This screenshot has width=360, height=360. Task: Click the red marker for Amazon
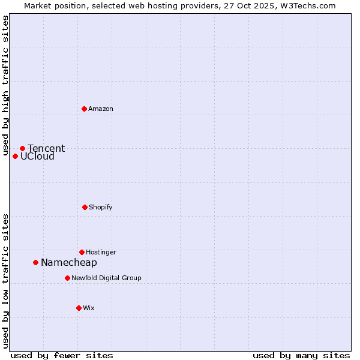click(84, 109)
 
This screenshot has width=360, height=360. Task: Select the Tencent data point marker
click(22, 148)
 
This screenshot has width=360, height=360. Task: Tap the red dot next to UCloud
click(15, 156)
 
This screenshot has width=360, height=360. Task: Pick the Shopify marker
click(85, 207)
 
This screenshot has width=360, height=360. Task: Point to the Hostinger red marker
click(82, 252)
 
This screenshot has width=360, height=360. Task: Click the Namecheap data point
click(35, 262)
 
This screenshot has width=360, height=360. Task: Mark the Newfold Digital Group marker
click(67, 278)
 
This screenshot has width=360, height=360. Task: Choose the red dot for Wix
click(79, 308)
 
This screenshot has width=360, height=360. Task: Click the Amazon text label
click(101, 109)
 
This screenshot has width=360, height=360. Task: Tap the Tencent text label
click(46, 148)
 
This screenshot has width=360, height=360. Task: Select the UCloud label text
click(37, 157)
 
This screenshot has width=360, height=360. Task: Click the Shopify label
click(101, 207)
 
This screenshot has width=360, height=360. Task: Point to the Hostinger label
click(101, 252)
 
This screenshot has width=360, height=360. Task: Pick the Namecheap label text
click(69, 263)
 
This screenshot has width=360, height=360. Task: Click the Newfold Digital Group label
click(106, 278)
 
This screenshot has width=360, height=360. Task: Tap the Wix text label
click(89, 308)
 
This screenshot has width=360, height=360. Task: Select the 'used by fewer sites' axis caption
click(62, 355)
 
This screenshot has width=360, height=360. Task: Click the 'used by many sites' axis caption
click(301, 355)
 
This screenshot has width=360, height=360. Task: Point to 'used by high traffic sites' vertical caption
click(5, 85)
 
